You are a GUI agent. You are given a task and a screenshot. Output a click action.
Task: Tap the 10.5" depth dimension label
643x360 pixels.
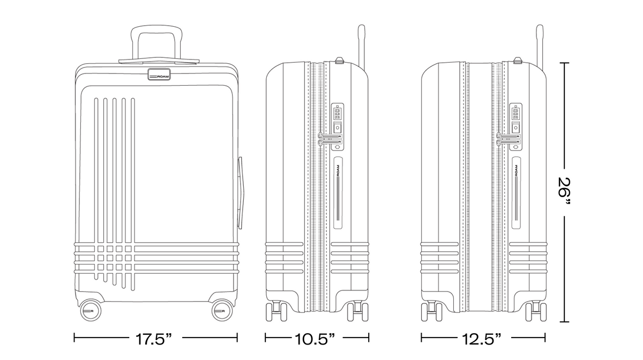click(x=315, y=339)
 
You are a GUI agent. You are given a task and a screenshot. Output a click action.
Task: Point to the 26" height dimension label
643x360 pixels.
click(x=564, y=191)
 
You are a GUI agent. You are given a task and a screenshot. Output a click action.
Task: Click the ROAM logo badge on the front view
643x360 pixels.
click(x=159, y=74)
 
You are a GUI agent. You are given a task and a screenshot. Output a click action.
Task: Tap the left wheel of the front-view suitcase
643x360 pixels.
click(x=90, y=311)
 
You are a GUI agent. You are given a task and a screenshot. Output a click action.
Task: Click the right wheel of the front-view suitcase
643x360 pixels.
click(x=222, y=311)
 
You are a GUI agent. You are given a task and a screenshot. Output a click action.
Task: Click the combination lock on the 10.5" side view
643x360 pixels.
click(x=338, y=126)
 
